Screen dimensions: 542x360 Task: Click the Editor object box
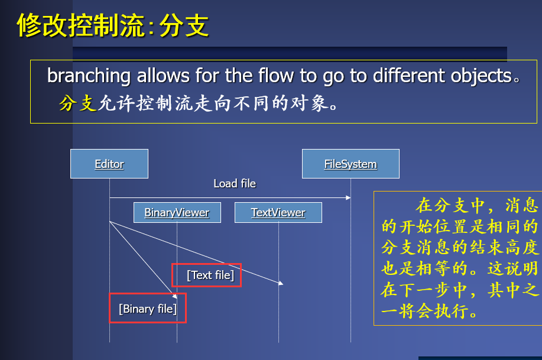pos(109,164)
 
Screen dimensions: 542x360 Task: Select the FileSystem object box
pos(350,164)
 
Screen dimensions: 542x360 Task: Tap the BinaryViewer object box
pos(177,213)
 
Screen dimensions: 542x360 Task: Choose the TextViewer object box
pos(278,213)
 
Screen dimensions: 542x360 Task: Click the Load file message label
pos(235,184)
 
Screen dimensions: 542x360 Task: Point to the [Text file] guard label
pos(210,275)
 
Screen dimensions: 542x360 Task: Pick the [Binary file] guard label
pos(147,309)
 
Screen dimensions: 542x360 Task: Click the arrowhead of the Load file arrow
pos(348,197)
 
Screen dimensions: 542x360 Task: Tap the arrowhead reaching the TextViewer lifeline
pos(281,284)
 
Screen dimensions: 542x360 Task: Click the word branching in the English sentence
pos(89,76)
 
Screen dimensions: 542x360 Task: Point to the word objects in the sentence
pos(480,76)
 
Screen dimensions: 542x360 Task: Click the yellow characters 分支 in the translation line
pos(77,104)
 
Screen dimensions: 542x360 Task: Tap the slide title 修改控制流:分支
pos(112,26)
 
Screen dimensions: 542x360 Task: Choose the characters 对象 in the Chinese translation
pos(310,104)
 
